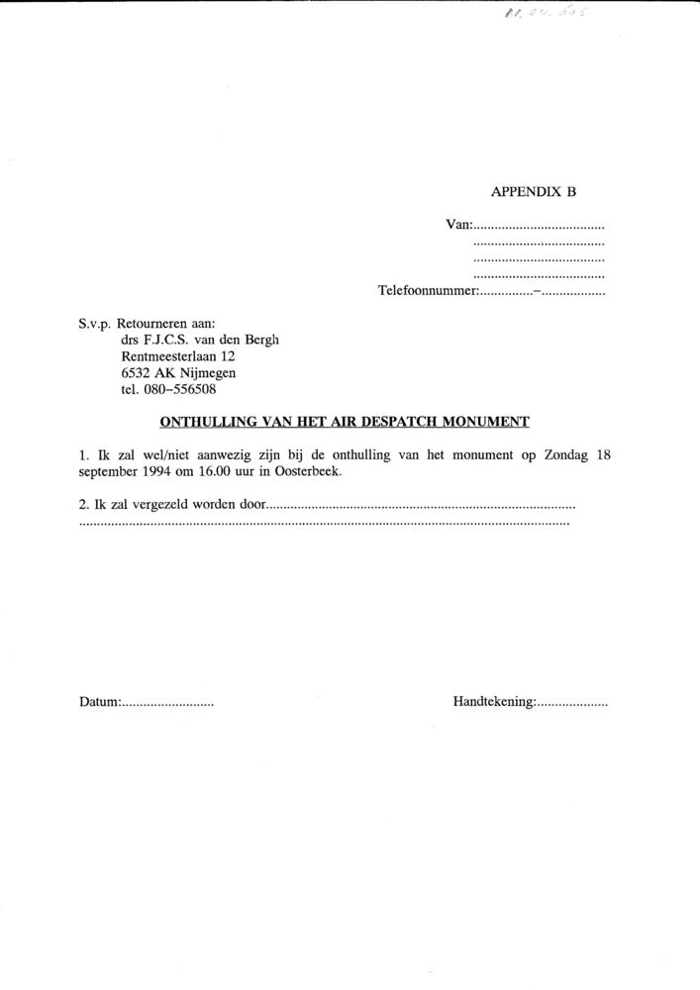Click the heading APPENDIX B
point(533,193)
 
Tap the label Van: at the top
point(459,225)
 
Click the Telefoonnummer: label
point(429,292)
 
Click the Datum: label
point(99,702)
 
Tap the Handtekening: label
point(494,702)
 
